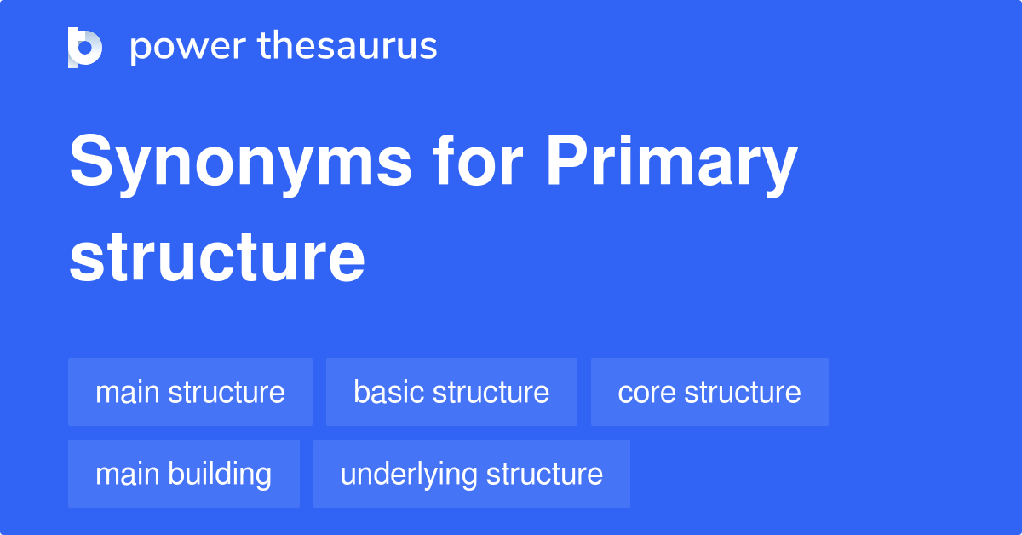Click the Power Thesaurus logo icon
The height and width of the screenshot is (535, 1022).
(x=85, y=47)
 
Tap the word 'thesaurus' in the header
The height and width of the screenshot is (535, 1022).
(x=347, y=47)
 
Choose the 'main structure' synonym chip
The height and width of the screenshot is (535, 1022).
(x=190, y=392)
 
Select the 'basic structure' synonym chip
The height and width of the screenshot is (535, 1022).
(x=451, y=392)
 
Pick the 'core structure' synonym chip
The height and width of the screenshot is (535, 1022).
(x=709, y=392)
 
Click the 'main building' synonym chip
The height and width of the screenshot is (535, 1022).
(x=184, y=474)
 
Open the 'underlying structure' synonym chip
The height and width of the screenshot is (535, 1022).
(x=472, y=474)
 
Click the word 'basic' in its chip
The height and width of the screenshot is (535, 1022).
(x=388, y=392)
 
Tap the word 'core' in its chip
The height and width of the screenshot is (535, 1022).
(x=646, y=392)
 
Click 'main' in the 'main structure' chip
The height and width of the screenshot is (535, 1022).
(x=127, y=392)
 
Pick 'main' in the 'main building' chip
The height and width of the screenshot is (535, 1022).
(x=127, y=474)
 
